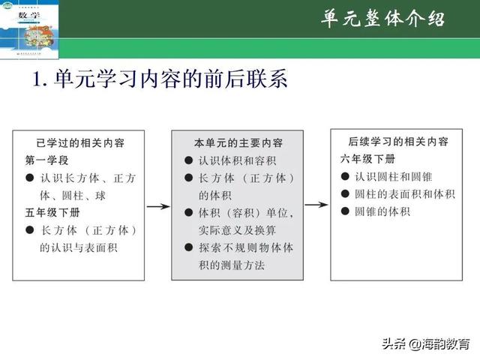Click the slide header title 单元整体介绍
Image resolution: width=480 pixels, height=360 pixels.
382,19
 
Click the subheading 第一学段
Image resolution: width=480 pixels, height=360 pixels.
46,160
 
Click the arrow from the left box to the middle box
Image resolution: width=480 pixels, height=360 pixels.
158,205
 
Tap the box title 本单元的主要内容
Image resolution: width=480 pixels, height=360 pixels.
238,142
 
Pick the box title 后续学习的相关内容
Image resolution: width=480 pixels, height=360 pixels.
399,142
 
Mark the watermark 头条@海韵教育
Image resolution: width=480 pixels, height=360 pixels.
425,344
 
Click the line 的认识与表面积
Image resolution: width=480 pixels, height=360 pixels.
79,247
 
